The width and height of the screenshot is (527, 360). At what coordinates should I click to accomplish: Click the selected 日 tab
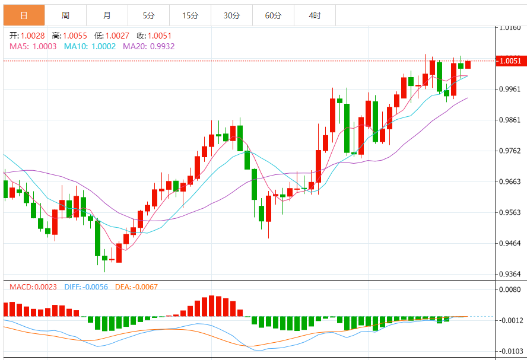(x=24, y=15)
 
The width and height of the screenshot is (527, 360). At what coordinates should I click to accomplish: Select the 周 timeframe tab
(x=65, y=15)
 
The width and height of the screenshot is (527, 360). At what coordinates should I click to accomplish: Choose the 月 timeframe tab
(x=107, y=15)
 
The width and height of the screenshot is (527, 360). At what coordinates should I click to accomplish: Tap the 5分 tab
(x=148, y=15)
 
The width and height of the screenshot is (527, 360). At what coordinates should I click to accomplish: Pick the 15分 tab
(x=190, y=15)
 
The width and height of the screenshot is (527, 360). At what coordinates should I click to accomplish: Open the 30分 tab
(x=231, y=15)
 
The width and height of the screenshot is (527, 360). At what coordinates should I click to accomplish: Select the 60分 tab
(x=273, y=15)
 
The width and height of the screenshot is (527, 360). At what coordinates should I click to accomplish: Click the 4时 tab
(x=315, y=15)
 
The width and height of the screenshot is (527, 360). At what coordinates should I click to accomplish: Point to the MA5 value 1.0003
(x=45, y=46)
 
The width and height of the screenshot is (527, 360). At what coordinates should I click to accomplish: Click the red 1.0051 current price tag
(x=510, y=60)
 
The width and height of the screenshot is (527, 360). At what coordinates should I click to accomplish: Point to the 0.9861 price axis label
(x=510, y=120)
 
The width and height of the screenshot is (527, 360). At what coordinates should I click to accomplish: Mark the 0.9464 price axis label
(x=510, y=243)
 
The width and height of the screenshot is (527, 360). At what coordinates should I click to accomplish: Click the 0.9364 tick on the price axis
(x=510, y=274)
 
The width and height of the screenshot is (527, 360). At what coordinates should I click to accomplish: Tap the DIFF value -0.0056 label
(x=95, y=287)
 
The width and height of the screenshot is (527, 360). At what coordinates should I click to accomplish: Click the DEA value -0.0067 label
(x=145, y=287)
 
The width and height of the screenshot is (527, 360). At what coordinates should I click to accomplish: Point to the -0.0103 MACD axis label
(x=510, y=351)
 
